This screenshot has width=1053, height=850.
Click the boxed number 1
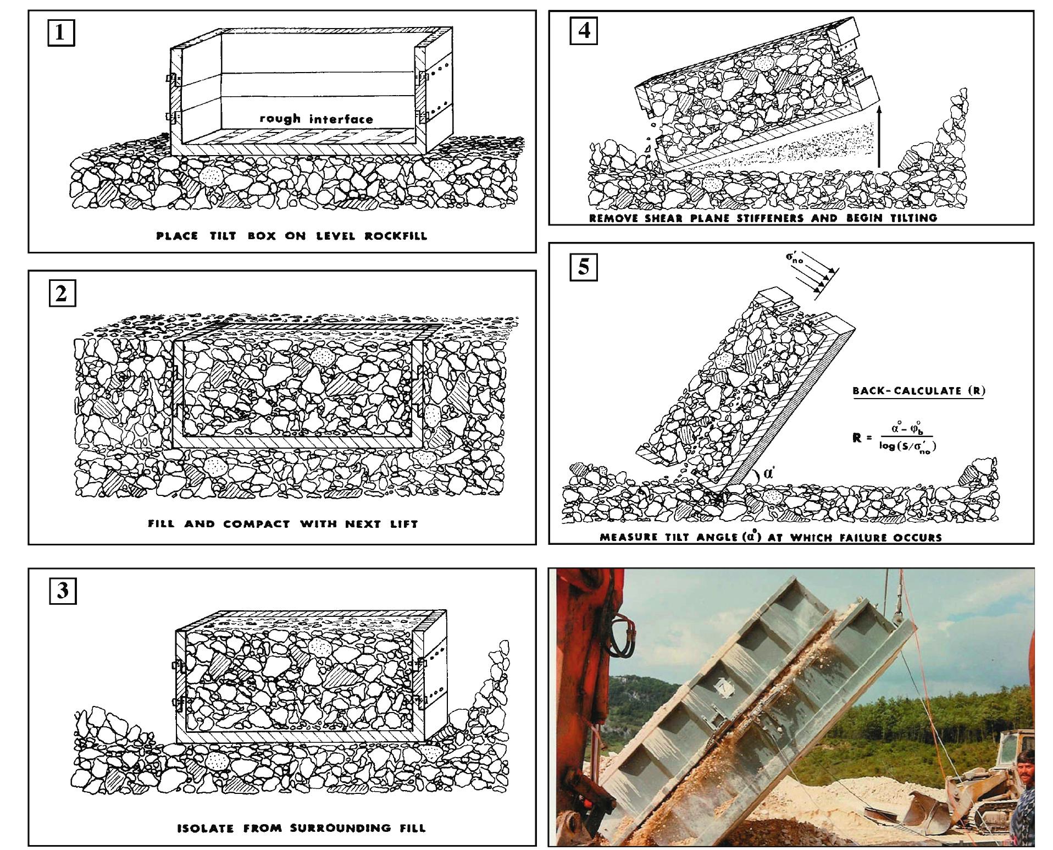pyautogui.click(x=60, y=34)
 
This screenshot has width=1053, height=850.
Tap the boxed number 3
pyautogui.click(x=62, y=591)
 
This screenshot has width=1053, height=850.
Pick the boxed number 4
pyautogui.click(x=584, y=30)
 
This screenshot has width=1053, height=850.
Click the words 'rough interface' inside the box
pyautogui.click(x=316, y=119)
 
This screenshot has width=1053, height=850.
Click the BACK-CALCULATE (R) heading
pyautogui.click(x=918, y=391)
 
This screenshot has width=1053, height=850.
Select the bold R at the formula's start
pyautogui.click(x=856, y=438)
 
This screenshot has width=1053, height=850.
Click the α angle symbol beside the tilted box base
pyautogui.click(x=768, y=472)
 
